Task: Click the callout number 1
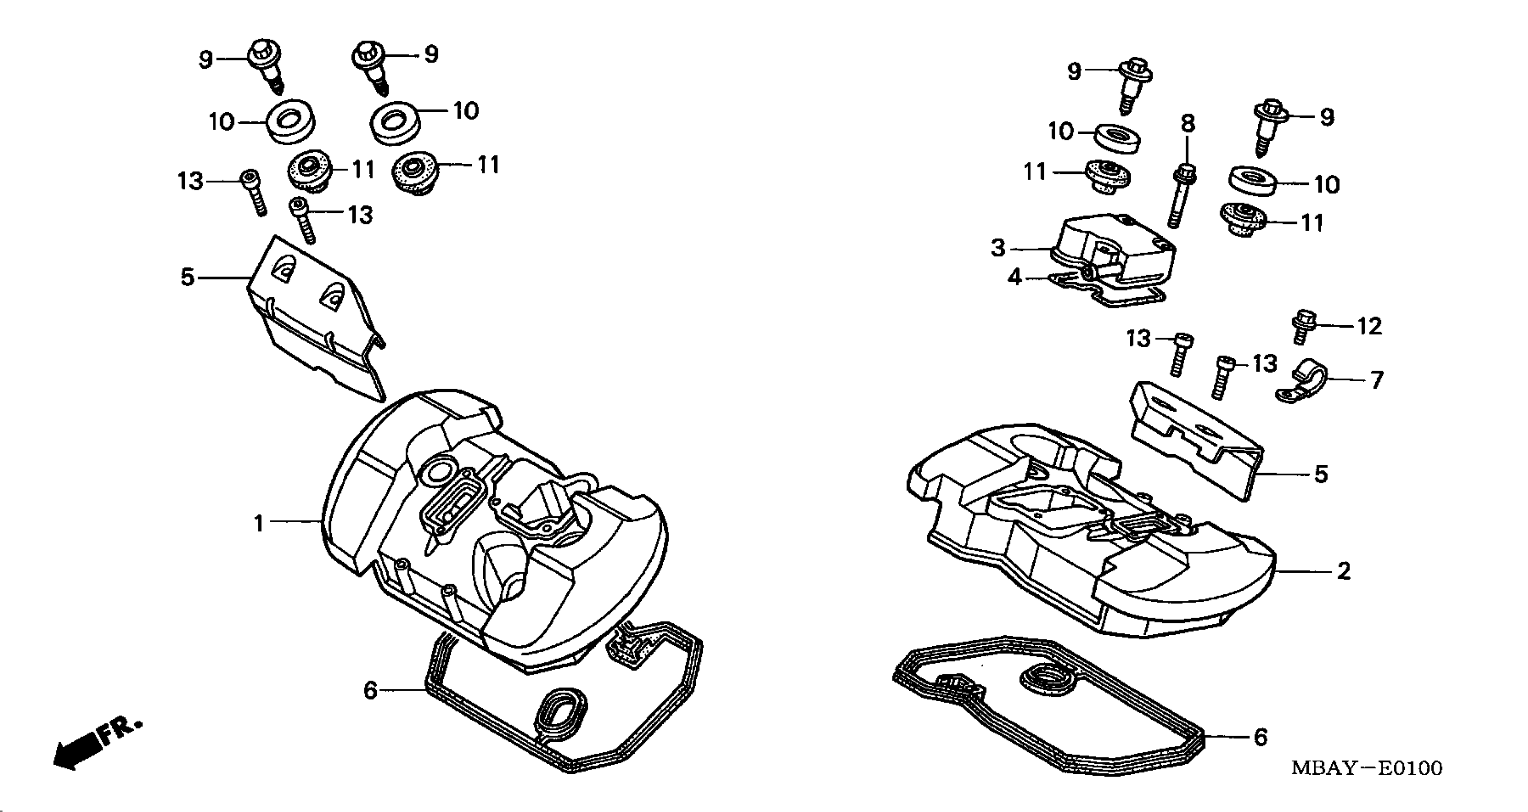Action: (259, 524)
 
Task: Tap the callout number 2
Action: (1344, 571)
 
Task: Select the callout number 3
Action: (998, 248)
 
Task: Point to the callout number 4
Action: (1015, 277)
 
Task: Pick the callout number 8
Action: (1187, 123)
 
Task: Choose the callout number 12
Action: (1369, 326)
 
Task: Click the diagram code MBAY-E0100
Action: (1367, 768)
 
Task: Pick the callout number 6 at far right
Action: (1260, 737)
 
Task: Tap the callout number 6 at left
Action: (370, 690)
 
